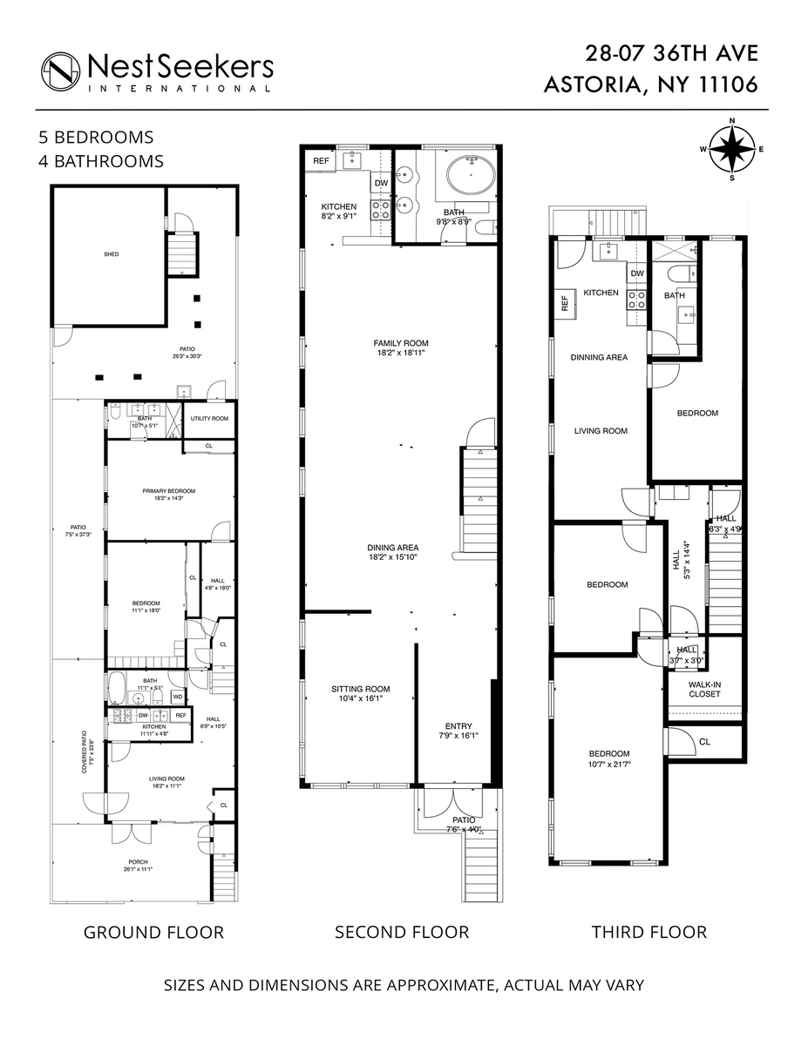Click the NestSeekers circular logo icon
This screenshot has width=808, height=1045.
pos(60,71)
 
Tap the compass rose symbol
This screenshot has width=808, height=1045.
pos(731,148)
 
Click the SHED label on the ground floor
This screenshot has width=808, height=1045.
pos(110,254)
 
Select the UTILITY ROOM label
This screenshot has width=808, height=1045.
pos(209,419)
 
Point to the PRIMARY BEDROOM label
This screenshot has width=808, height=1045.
pos(169,491)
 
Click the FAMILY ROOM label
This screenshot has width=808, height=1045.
pos(401,343)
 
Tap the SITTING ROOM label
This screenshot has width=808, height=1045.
pos(359,688)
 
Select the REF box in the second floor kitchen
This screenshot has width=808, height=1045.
pos(321,160)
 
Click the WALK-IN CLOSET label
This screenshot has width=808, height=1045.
pos(704,689)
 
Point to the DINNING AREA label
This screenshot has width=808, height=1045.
pos(599,357)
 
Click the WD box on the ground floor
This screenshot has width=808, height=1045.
pos(177,697)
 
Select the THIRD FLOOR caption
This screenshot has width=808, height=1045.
pos(649,933)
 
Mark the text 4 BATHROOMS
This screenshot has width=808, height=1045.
pos(100,161)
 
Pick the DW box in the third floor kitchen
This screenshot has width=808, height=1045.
pos(636,273)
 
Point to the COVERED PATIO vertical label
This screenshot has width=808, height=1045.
pos(85,752)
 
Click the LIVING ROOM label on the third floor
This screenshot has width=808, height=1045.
pos(601,431)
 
